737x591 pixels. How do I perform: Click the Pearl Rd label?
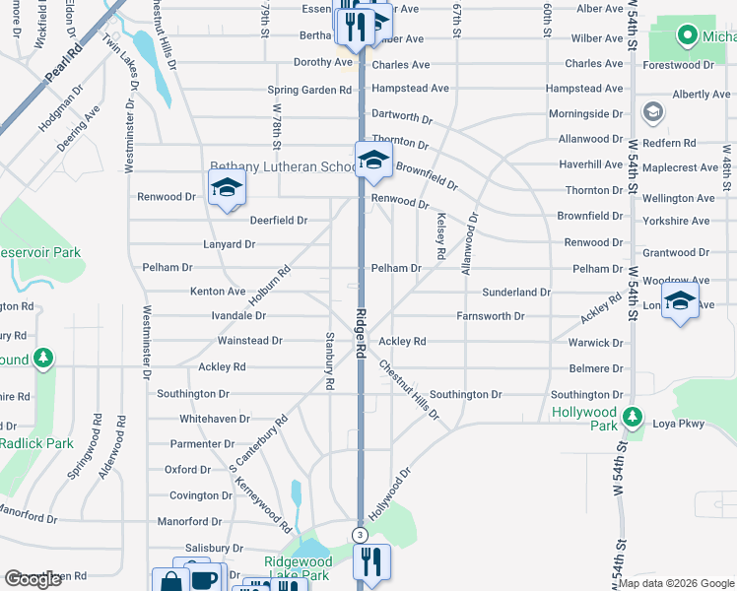61,63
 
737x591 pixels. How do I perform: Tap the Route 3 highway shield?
361,535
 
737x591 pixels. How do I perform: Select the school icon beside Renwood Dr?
227,187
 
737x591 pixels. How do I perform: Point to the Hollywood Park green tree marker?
635,419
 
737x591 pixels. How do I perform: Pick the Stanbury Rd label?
330,360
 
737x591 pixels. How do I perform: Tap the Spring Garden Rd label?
309,90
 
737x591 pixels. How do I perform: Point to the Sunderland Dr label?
515,293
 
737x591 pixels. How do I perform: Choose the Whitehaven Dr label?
215,419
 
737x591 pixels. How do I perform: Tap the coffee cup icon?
204,578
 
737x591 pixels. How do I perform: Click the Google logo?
33,579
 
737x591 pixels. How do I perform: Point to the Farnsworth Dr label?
490,316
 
